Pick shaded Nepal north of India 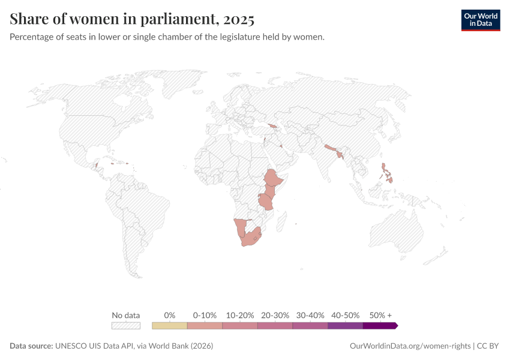click(x=331, y=147)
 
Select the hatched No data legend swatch click(x=126, y=326)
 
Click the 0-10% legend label click(x=205, y=315)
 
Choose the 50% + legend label click(x=380, y=315)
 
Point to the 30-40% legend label click(x=310, y=315)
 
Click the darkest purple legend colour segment click(x=380, y=326)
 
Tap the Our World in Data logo click(x=480, y=19)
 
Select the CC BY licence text click(x=488, y=346)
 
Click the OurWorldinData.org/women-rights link click(x=410, y=346)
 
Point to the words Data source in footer click(x=31, y=346)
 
